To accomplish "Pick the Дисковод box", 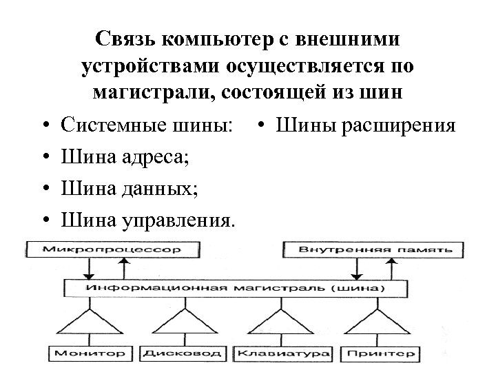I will (183, 353).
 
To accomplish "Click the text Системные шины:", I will (147, 126).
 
